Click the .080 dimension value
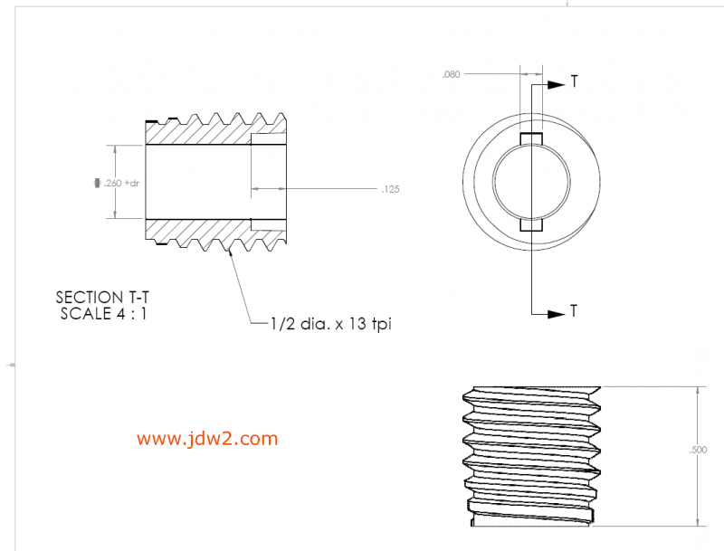point(451,74)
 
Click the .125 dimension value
point(391,189)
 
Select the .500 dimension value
point(698,450)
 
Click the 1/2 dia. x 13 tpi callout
point(331,324)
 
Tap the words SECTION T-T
point(102,297)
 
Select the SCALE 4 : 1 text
point(103,314)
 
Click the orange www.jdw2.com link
point(207,439)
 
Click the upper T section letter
point(574,81)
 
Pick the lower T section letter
point(574,311)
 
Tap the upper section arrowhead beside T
point(557,85)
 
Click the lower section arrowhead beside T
point(557,314)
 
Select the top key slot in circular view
point(531,138)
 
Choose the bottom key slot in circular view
point(531,224)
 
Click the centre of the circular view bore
point(531,182)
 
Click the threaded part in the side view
point(532,456)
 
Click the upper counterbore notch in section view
point(269,139)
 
